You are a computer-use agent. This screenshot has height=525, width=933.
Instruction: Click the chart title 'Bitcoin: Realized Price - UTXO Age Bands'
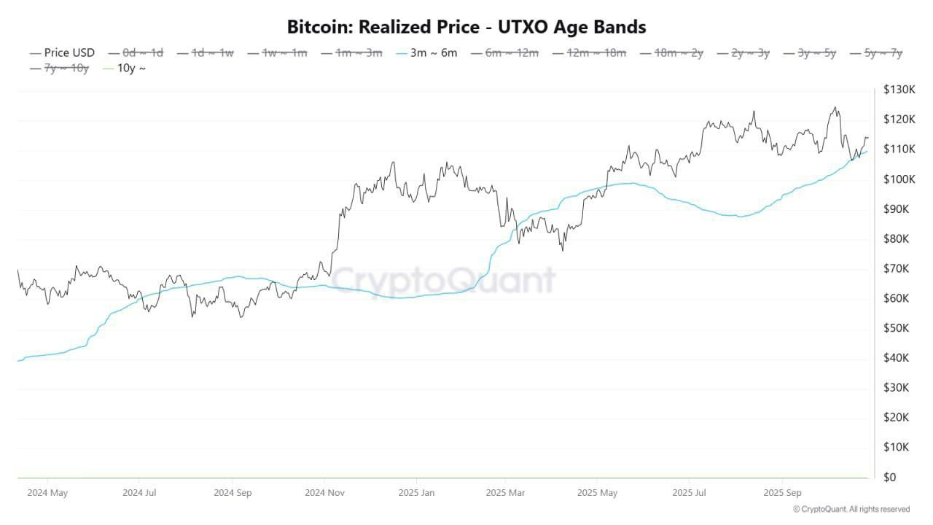click(466, 27)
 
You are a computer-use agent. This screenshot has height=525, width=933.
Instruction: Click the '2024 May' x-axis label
click(47, 493)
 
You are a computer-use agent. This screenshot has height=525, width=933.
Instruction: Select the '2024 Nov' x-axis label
click(325, 493)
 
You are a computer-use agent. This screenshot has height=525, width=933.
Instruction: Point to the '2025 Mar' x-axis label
click(505, 493)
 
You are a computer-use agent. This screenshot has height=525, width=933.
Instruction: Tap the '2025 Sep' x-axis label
click(781, 493)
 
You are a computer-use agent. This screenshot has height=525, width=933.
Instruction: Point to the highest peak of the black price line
click(835, 108)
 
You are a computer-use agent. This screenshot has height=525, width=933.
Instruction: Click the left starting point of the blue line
click(17, 361)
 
